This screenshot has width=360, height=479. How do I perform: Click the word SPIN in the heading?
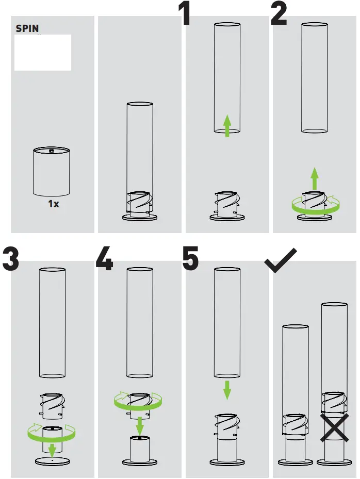pyautogui.click(x=27, y=29)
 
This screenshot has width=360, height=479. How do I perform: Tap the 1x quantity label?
pyautogui.click(x=54, y=204)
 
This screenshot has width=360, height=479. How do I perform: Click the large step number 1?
pyautogui.click(x=185, y=14)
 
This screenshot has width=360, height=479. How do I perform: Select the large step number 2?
pyautogui.click(x=279, y=14)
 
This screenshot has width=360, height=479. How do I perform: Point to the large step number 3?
pyautogui.click(x=10, y=259)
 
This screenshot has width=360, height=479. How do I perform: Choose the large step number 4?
pyautogui.click(x=104, y=259)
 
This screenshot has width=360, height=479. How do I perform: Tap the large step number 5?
pyautogui.click(x=190, y=259)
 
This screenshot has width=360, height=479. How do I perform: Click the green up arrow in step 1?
pyautogui.click(x=227, y=126)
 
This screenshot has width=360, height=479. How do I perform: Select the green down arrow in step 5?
pyautogui.click(x=227, y=390)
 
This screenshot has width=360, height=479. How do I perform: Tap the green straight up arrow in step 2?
pyautogui.click(x=315, y=179)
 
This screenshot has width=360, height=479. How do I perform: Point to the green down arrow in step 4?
pyautogui.click(x=140, y=426)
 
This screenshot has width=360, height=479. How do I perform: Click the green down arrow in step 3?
pyautogui.click(x=52, y=449)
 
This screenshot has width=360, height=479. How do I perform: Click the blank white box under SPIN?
pyautogui.click(x=43, y=53)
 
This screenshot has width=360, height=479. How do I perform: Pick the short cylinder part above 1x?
pyautogui.click(x=51, y=173)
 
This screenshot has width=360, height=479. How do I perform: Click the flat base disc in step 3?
pyautogui.click(x=52, y=460)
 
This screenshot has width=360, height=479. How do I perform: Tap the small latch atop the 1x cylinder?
pyautogui.click(x=51, y=151)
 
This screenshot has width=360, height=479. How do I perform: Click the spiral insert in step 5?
pyautogui.click(x=227, y=425)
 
